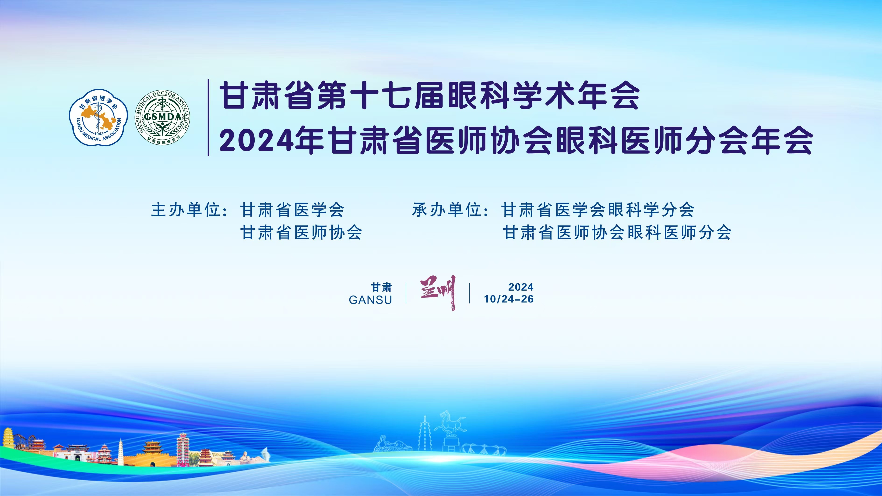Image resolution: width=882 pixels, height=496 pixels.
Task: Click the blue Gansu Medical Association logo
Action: click(98, 118)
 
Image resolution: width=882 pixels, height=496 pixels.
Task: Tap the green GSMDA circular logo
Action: click(162, 117)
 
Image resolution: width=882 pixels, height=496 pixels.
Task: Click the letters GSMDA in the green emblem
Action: click(162, 117)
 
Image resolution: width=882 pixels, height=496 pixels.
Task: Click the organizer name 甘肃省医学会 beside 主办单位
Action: click(292, 210)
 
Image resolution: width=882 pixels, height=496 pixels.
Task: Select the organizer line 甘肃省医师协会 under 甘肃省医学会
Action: click(301, 232)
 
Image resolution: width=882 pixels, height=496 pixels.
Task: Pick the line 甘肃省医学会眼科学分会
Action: click(598, 210)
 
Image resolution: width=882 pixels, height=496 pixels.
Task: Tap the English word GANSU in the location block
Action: click(370, 300)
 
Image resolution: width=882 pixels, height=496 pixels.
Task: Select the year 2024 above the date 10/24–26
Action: click(521, 287)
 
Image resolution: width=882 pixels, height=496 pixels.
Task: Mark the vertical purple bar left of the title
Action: click(208, 117)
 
